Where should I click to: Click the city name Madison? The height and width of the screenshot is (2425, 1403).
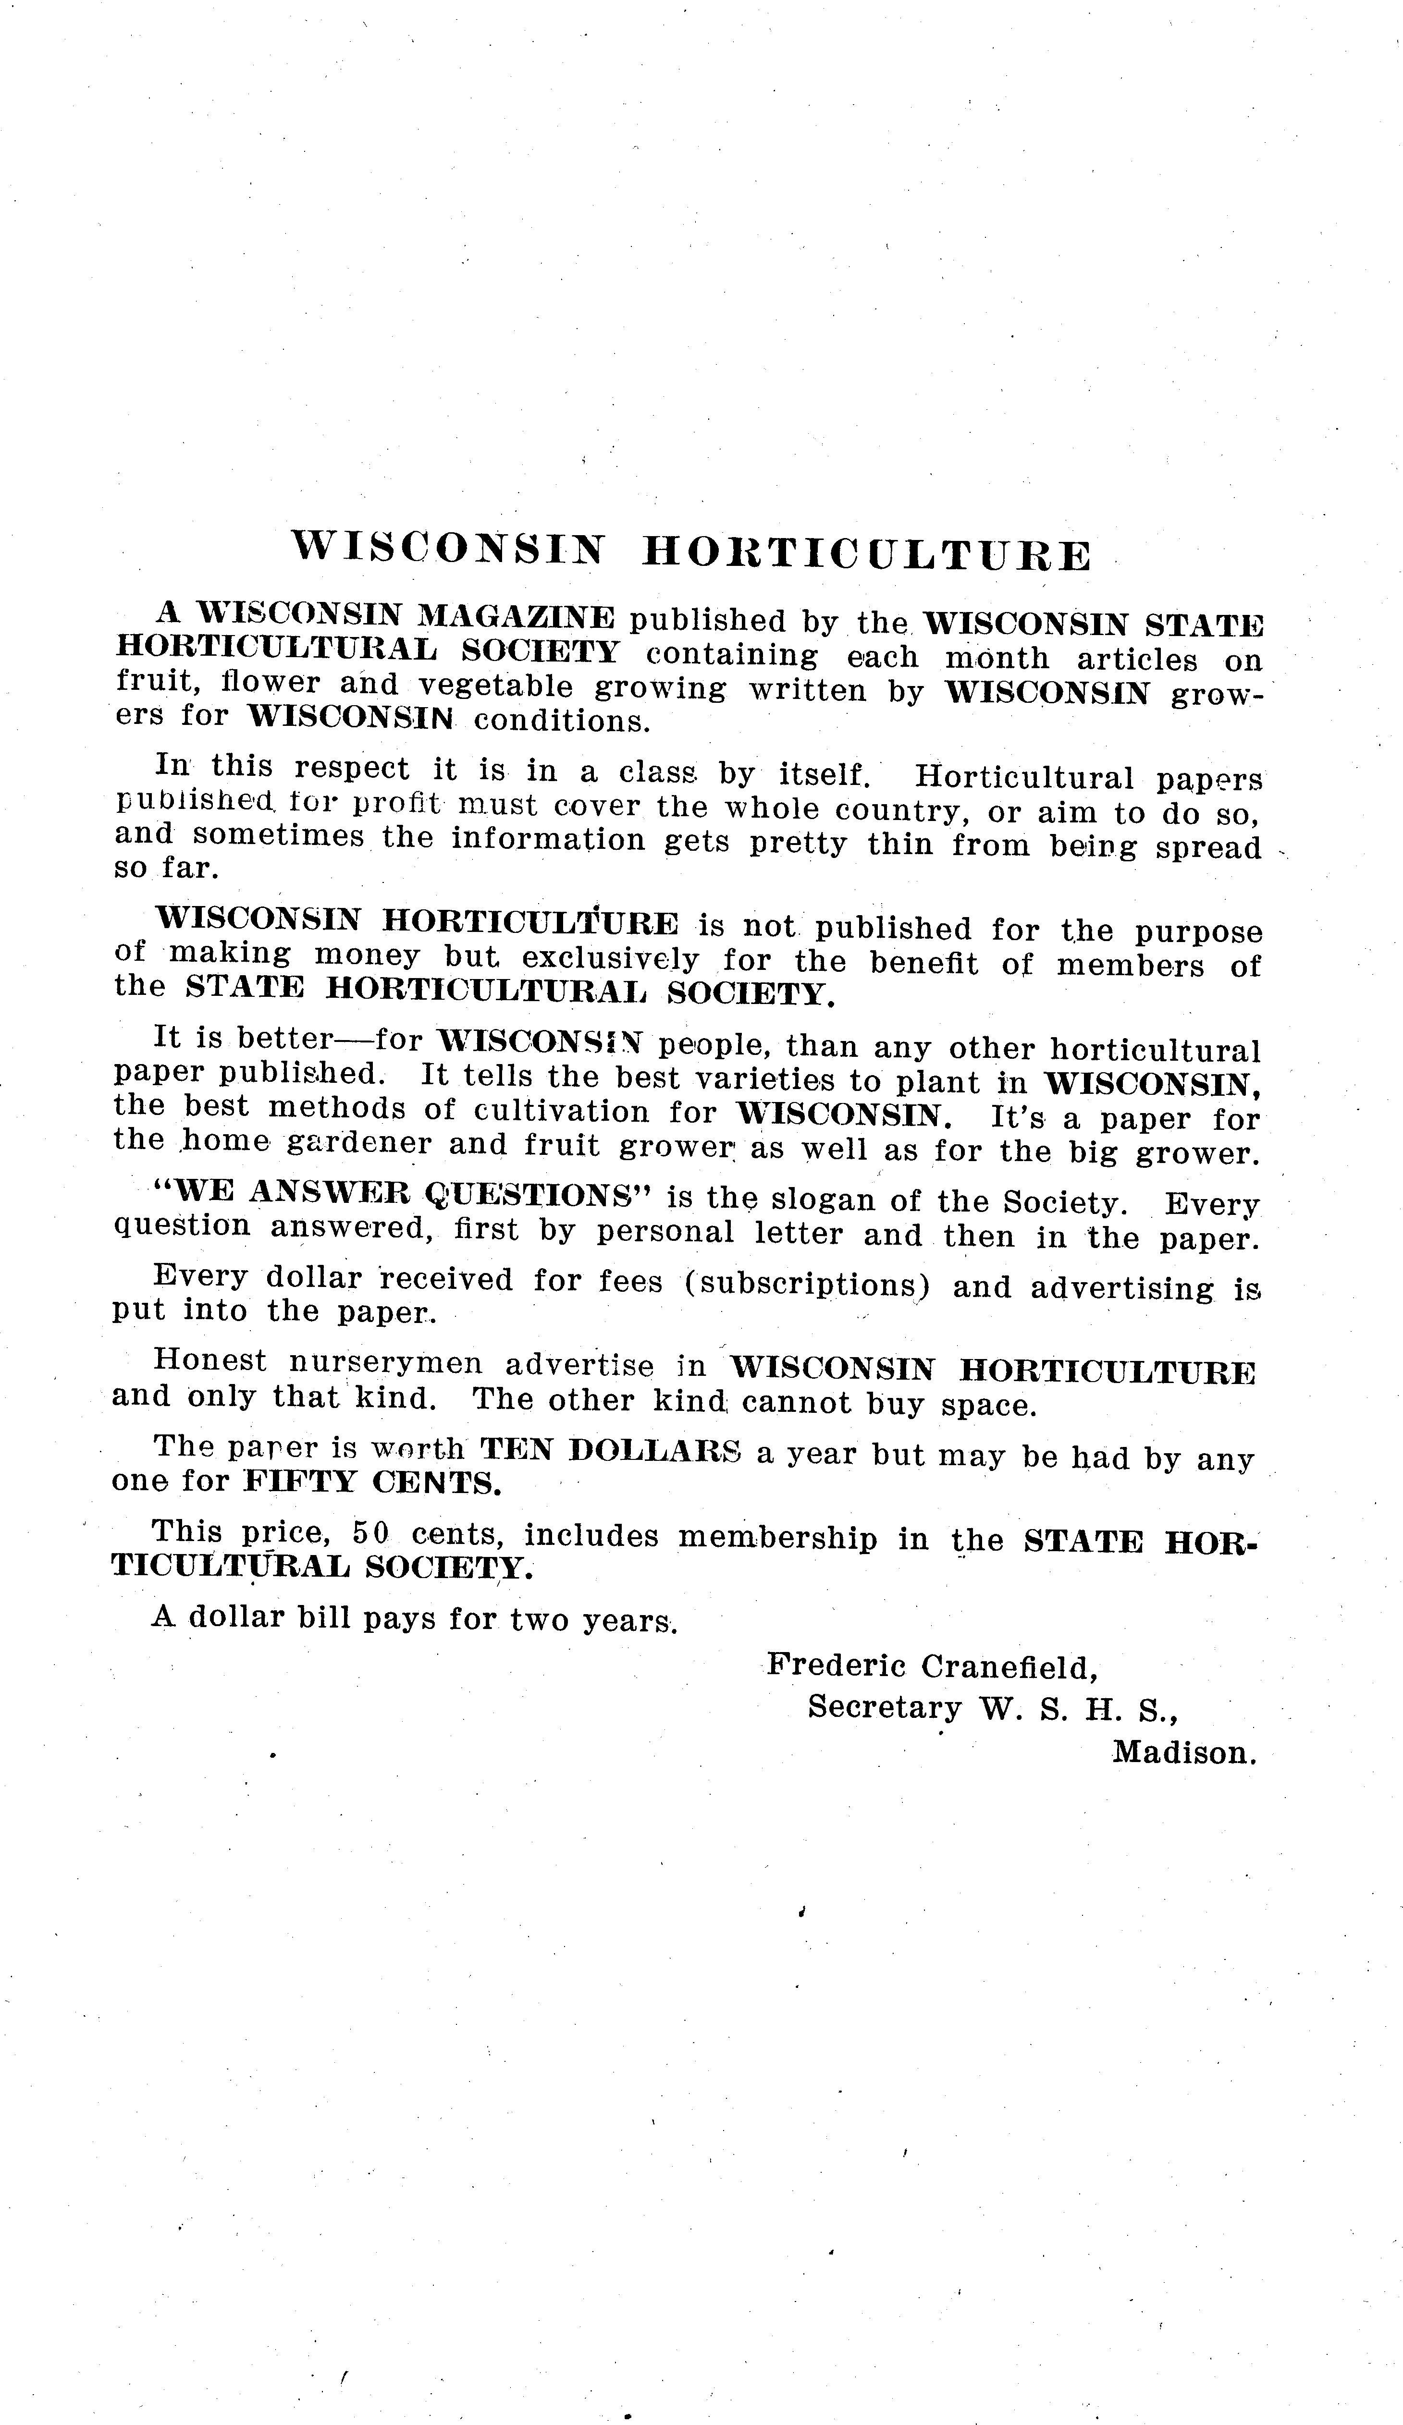pyautogui.click(x=1184, y=1752)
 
